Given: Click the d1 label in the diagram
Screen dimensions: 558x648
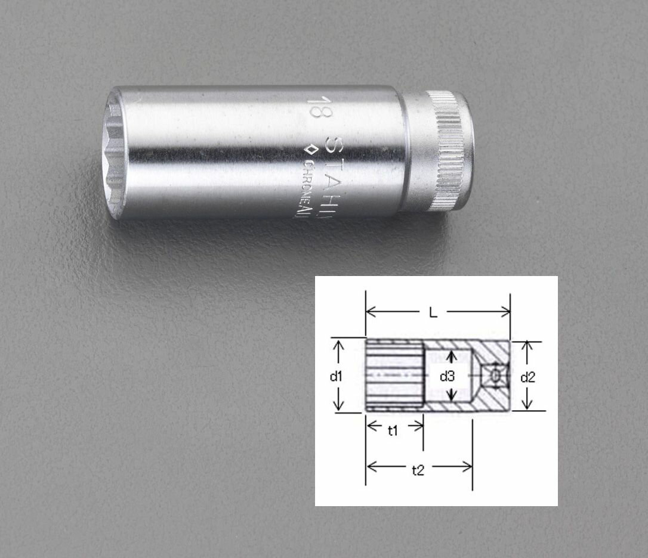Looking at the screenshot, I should (x=336, y=376).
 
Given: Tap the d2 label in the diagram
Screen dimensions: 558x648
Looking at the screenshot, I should (x=527, y=377).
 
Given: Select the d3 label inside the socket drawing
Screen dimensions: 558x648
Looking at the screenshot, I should (x=447, y=376).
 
